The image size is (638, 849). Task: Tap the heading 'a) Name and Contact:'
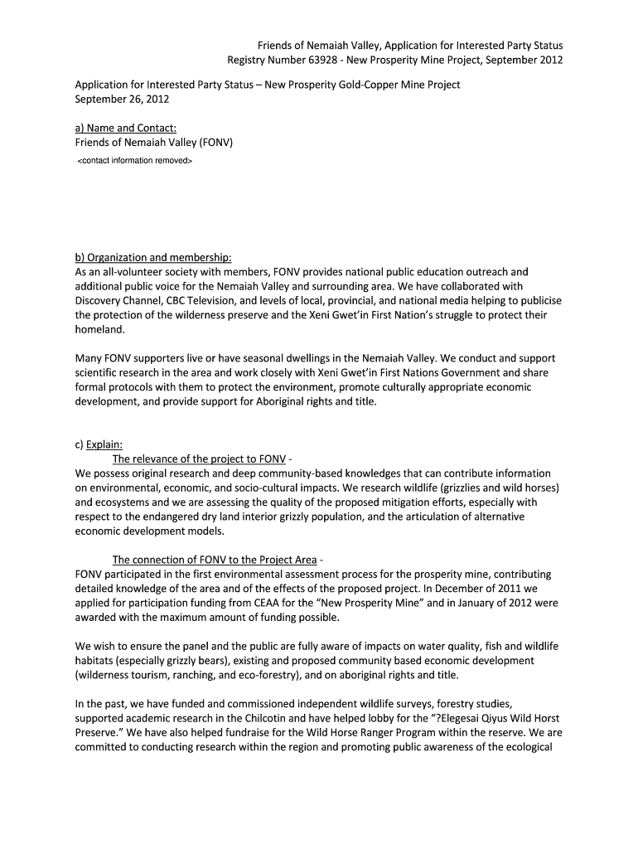(126, 129)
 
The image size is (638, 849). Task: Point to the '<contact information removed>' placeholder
(134, 160)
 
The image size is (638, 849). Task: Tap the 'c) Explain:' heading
(99, 444)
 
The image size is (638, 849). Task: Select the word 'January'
(440, 604)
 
